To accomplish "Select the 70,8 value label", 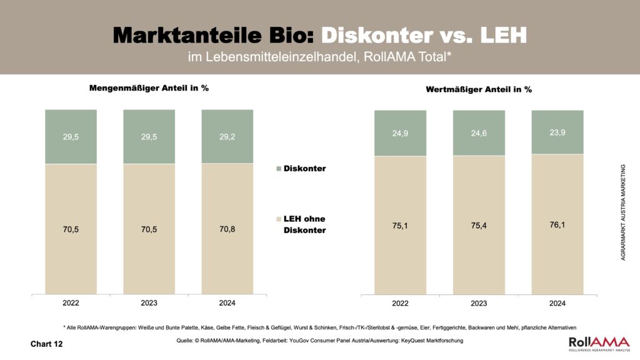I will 227,229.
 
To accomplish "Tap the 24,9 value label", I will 400,132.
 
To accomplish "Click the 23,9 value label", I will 557,131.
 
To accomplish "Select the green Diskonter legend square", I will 278,169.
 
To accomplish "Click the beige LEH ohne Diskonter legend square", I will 278,219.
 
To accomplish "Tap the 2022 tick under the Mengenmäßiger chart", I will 71,303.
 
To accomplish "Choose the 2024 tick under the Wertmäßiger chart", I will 557,304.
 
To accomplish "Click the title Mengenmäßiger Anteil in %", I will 149,88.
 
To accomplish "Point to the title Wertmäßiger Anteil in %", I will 479,89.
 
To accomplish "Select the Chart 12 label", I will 47,344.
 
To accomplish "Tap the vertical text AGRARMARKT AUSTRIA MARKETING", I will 623,212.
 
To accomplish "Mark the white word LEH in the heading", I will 503,34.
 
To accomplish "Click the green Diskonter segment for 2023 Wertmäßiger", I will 479,132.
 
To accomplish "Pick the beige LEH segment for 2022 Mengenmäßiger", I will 71,229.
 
